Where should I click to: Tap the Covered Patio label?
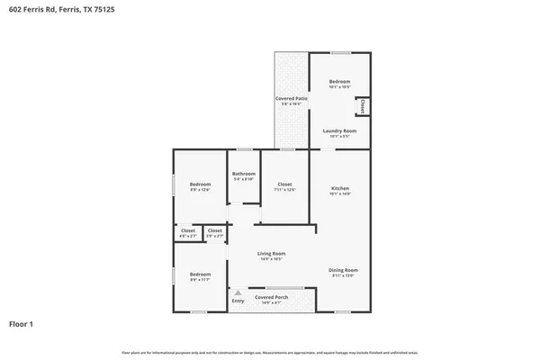pos(290,99)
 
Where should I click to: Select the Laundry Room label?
pos(339,132)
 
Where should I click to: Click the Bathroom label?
pos(244,175)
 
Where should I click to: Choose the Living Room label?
pos(271,256)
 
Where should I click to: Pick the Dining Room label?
pos(344,272)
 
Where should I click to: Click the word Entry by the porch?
pos(238,301)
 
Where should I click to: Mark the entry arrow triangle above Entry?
pos(238,292)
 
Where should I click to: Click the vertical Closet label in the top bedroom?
pos(362,107)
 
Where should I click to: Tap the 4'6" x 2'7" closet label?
pos(188,233)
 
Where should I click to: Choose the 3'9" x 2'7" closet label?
pos(214,233)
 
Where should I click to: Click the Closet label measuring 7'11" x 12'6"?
pos(284,186)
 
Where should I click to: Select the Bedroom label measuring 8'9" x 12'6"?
pos(199,186)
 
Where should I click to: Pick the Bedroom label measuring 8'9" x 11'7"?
pos(199,275)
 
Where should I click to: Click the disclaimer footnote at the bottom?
pos(269,351)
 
